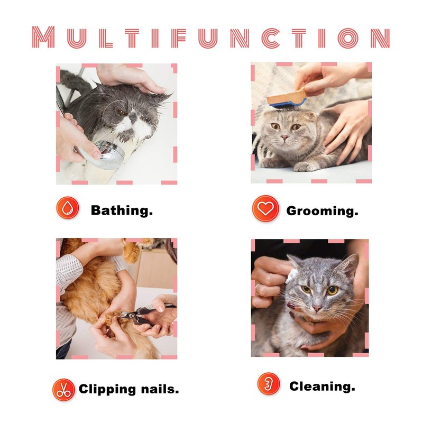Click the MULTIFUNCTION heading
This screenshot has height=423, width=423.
(211, 38)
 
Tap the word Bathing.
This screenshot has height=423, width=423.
(122, 210)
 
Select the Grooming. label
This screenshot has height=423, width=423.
(322, 211)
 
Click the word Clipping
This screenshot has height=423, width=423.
(107, 390)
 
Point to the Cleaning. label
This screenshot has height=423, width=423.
(321, 386)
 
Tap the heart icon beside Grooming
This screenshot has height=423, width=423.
(265, 209)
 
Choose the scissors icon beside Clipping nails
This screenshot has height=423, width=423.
(63, 390)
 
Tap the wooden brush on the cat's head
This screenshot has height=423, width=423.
(287, 99)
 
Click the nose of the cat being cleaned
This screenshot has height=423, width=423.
(317, 308)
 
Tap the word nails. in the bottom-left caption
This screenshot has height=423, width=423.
(158, 390)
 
